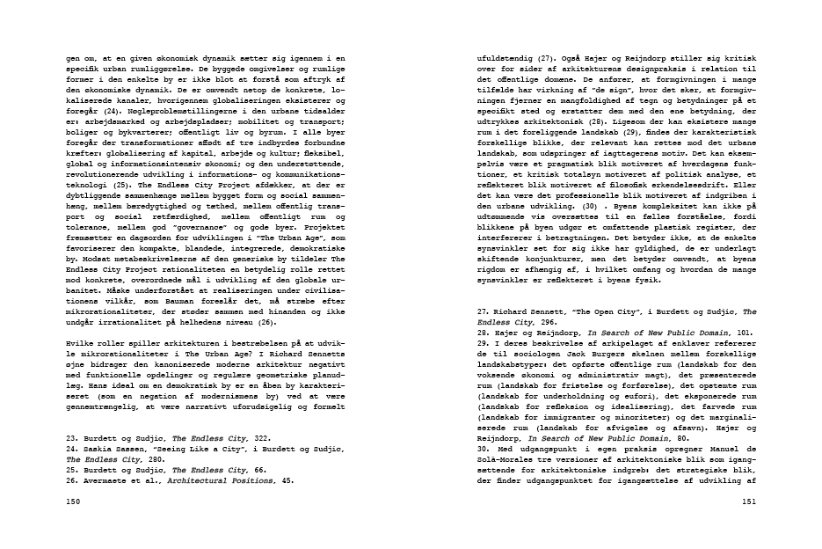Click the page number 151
click(x=748, y=501)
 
